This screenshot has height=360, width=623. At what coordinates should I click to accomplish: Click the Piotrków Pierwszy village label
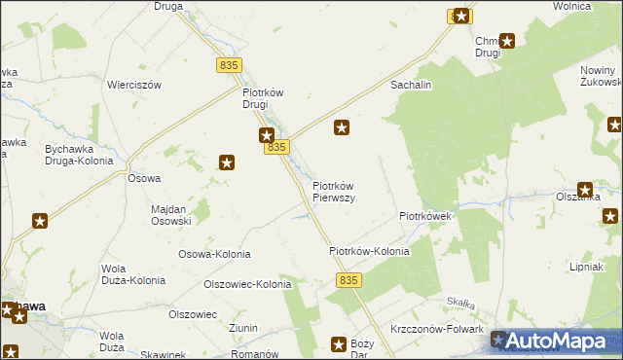click(333, 191)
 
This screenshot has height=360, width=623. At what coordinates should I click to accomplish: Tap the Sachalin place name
click(411, 86)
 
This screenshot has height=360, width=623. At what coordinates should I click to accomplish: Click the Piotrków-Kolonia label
click(369, 251)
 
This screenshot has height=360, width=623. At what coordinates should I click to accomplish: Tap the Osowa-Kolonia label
click(214, 254)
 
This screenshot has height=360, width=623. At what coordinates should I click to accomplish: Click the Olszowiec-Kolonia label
click(246, 285)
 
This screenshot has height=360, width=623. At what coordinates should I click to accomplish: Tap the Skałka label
click(459, 304)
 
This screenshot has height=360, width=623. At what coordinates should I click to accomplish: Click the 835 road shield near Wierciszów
click(229, 64)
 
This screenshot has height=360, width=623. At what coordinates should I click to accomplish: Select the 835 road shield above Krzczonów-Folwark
click(350, 280)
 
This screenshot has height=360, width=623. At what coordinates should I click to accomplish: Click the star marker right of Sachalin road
click(342, 126)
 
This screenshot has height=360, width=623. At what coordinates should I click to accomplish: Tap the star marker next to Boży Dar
click(339, 343)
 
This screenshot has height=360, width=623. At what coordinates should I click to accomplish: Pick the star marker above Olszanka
click(585, 191)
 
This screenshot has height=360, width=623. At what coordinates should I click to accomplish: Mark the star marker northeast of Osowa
click(227, 162)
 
